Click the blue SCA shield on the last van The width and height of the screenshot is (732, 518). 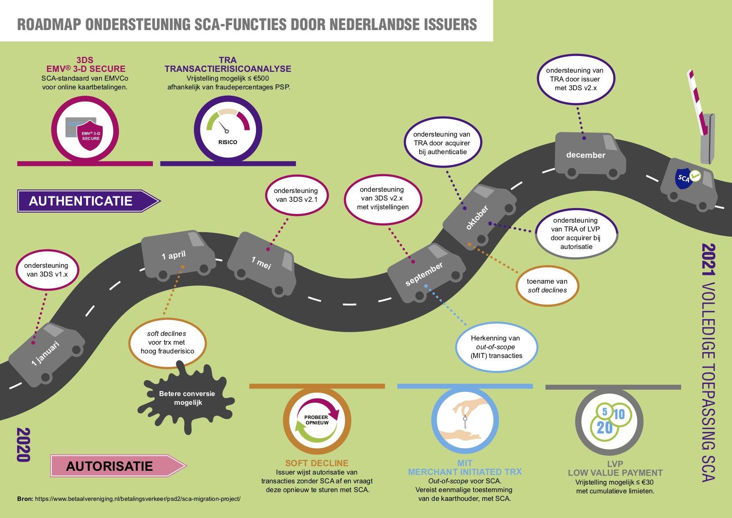[683, 179]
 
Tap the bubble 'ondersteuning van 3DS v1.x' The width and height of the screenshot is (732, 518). [47, 270]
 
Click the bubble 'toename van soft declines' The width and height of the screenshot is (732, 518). [547, 286]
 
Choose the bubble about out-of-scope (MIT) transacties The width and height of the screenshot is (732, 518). [496, 347]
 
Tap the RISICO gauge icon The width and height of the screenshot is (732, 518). [228, 129]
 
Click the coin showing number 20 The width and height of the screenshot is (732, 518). [604, 428]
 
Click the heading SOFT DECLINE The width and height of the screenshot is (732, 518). [317, 463]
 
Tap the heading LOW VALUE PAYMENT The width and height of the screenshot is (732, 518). [615, 473]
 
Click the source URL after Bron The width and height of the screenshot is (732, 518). [138, 499]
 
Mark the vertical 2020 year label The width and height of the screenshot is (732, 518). [23, 444]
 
